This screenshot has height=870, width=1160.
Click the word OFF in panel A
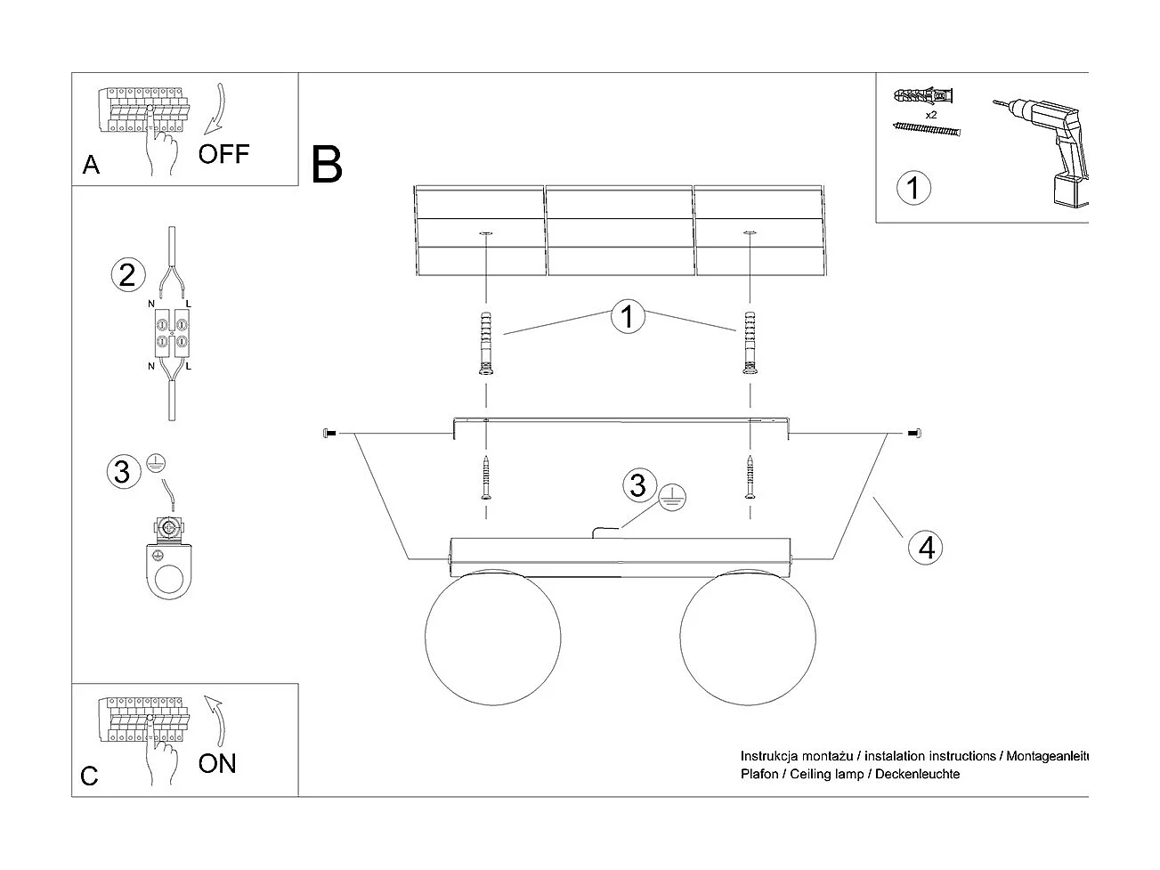pos(223,154)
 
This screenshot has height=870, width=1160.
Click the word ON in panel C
pos(217,763)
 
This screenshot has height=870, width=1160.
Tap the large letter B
pos(327,166)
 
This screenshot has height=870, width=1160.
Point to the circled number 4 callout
pos(926,547)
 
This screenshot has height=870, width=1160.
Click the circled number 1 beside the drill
pos(913,189)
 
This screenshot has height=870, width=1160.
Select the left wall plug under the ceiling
pos(486,346)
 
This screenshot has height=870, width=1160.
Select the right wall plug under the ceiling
pos(750,346)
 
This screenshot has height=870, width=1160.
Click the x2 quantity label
pos(930,116)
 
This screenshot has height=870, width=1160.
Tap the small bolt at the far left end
pos(328,434)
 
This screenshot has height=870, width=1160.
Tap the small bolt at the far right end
pos(913,434)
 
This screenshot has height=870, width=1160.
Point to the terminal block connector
pos(171,331)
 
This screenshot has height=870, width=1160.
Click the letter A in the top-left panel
pos(91,166)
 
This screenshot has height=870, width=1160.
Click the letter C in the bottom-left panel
pos(89,776)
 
